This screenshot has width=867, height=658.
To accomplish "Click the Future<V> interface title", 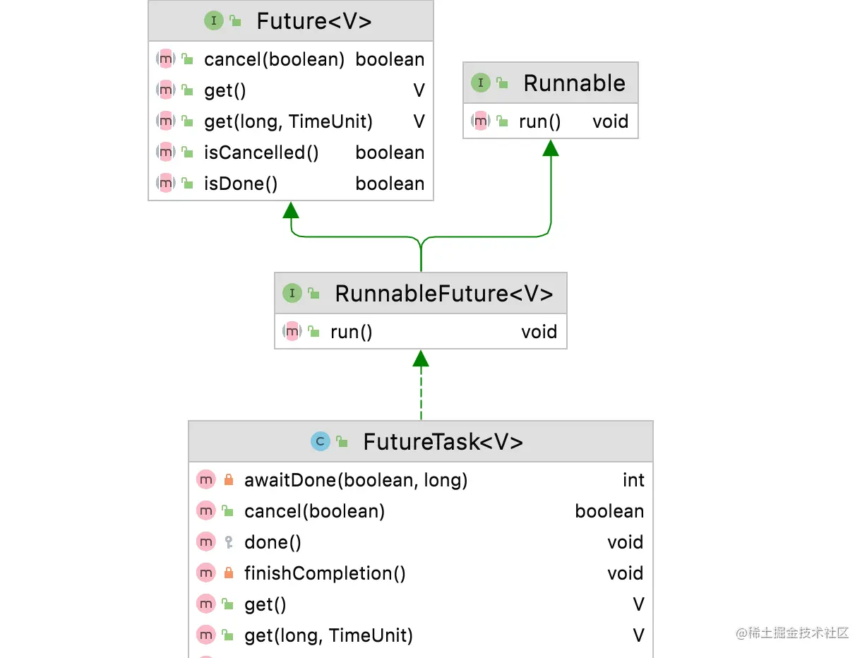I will (313, 21).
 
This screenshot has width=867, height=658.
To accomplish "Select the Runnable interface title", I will (574, 83).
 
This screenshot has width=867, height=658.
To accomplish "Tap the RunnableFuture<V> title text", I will (443, 294).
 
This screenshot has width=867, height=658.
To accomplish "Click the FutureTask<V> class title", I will (443, 442).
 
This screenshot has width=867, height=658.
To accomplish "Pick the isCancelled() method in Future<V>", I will (261, 152).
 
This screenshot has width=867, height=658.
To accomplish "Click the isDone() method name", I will (241, 184).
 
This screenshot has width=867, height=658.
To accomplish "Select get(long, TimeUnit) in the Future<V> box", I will (288, 121).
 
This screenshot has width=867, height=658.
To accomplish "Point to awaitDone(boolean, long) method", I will (356, 480).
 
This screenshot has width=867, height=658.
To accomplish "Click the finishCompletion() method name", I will (325, 573).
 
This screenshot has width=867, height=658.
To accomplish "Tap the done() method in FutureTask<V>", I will (273, 542).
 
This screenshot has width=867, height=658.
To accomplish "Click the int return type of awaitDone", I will (633, 480).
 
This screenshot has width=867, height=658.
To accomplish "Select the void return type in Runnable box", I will (610, 121).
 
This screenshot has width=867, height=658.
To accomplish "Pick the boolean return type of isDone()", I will (390, 184).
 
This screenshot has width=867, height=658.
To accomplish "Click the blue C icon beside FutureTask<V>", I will (321, 442).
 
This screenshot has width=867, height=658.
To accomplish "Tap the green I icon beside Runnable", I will (480, 83).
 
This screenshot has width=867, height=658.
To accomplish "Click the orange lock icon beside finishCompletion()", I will (228, 573).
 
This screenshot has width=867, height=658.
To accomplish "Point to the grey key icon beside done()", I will (228, 542).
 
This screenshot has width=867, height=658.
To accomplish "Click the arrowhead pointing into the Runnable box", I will (551, 148).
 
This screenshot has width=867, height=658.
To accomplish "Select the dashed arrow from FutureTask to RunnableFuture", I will (421, 392).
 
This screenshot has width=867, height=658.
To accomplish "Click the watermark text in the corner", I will (792, 633).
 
